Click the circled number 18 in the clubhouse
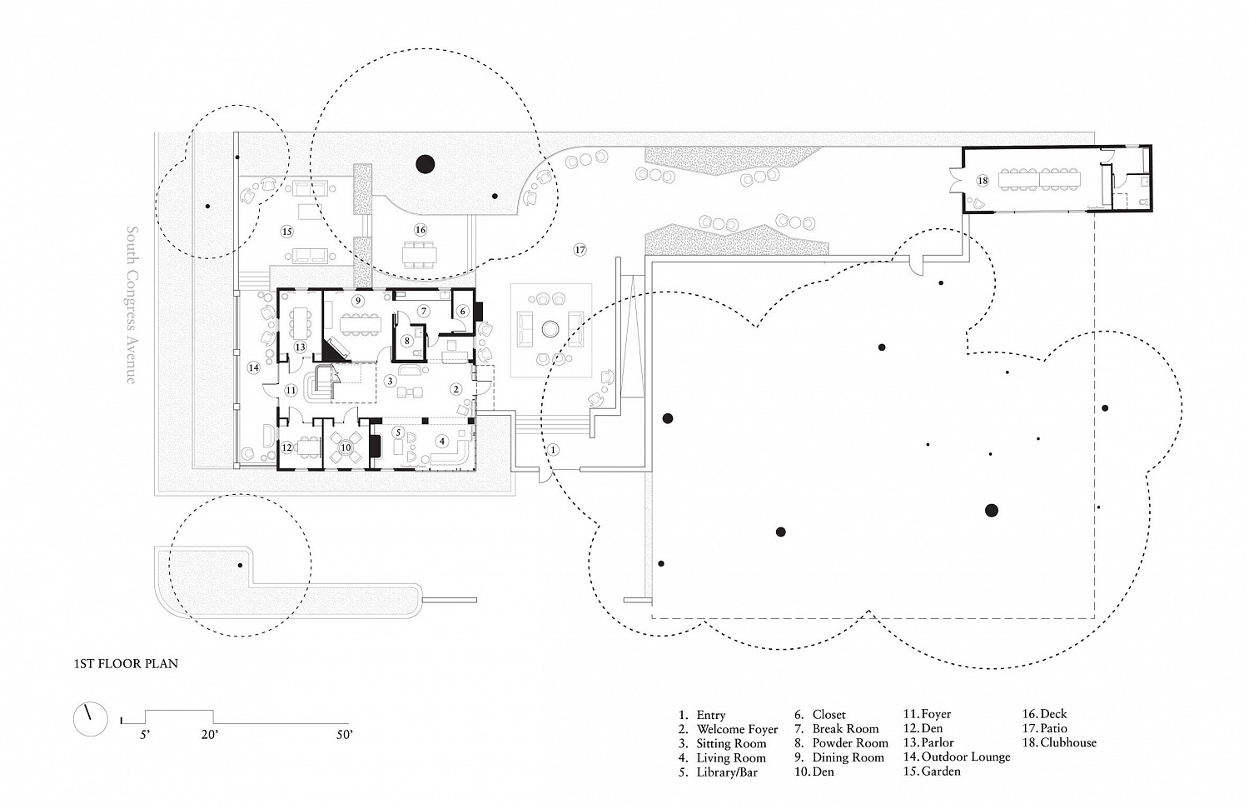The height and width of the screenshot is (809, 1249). coord(983,180)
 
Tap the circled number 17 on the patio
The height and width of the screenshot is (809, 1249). coord(580,250)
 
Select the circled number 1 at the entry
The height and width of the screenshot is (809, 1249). coord(553,450)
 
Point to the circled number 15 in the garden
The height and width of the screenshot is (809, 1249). coord(286,232)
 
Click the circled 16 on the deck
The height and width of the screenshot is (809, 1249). coord(420,230)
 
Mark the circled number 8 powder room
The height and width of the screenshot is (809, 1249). coord(407,340)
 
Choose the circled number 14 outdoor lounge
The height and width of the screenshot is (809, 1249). coord(254,367)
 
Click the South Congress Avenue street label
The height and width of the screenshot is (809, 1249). coord(132,305)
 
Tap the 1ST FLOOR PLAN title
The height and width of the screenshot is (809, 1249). coord(126,663)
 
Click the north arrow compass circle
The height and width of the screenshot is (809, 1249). coord(90,719)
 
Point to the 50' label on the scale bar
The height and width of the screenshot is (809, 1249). coord(345,735)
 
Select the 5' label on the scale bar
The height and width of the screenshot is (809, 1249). coord(145,735)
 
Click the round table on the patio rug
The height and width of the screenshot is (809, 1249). coord(550,330)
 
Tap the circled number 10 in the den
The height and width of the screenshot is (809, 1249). coord(346,447)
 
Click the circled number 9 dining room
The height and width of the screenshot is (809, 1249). coord(358,302)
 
